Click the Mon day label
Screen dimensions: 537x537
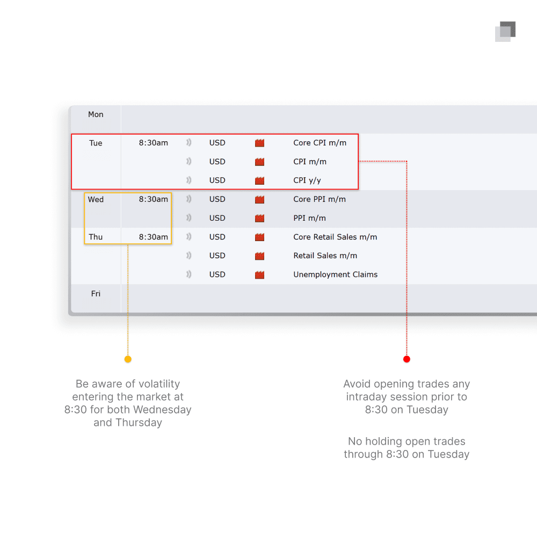96,114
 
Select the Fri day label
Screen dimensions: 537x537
96,294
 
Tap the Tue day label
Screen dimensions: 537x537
96,143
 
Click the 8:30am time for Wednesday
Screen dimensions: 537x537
154,199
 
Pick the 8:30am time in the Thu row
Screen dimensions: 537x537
154,237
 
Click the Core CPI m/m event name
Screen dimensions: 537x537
320,142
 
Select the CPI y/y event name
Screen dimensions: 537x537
307,180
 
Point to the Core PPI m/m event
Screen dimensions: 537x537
319,199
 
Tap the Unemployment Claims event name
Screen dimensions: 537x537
335,274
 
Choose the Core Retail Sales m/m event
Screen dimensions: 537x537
335,237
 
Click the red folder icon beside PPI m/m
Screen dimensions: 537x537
259,218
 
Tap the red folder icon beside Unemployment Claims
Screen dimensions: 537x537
259,274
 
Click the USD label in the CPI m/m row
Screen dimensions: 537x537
217,161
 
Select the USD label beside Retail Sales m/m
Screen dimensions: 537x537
217,256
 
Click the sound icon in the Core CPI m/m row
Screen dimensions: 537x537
188,142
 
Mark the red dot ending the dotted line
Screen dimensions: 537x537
407,359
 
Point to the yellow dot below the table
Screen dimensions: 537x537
128,359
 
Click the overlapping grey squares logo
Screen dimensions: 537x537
505,32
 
